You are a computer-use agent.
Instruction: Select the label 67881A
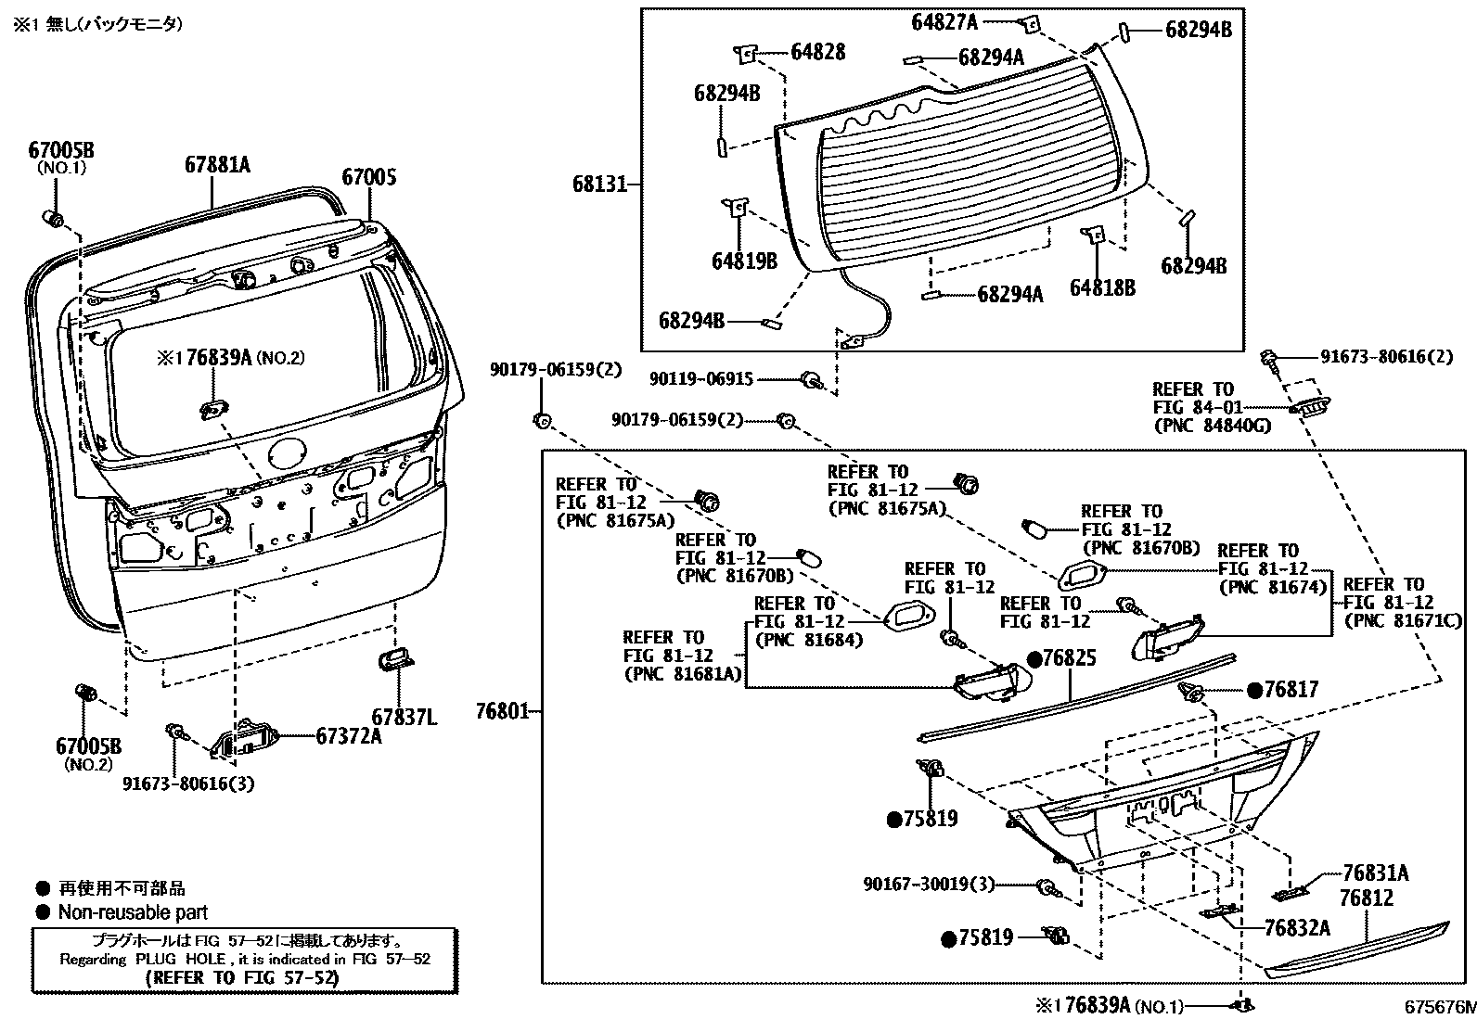click(217, 166)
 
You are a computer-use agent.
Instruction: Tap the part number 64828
click(817, 52)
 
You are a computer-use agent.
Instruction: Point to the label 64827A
click(944, 21)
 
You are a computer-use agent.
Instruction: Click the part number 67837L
click(404, 717)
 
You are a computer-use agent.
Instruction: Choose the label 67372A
click(348, 735)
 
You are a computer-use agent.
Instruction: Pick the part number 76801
click(502, 712)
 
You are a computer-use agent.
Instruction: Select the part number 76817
click(1291, 689)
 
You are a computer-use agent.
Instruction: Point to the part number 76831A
click(1376, 873)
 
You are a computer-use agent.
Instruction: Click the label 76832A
click(1297, 927)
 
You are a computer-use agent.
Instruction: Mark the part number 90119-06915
click(701, 378)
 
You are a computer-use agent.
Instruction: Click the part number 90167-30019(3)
click(929, 885)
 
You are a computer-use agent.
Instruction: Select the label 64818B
click(1102, 288)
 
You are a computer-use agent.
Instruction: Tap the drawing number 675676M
click(1438, 1007)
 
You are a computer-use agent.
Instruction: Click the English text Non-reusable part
click(133, 912)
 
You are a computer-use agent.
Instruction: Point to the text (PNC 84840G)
click(1212, 426)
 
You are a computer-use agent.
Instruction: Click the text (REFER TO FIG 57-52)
click(244, 977)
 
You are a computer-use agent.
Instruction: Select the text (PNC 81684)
click(809, 640)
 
